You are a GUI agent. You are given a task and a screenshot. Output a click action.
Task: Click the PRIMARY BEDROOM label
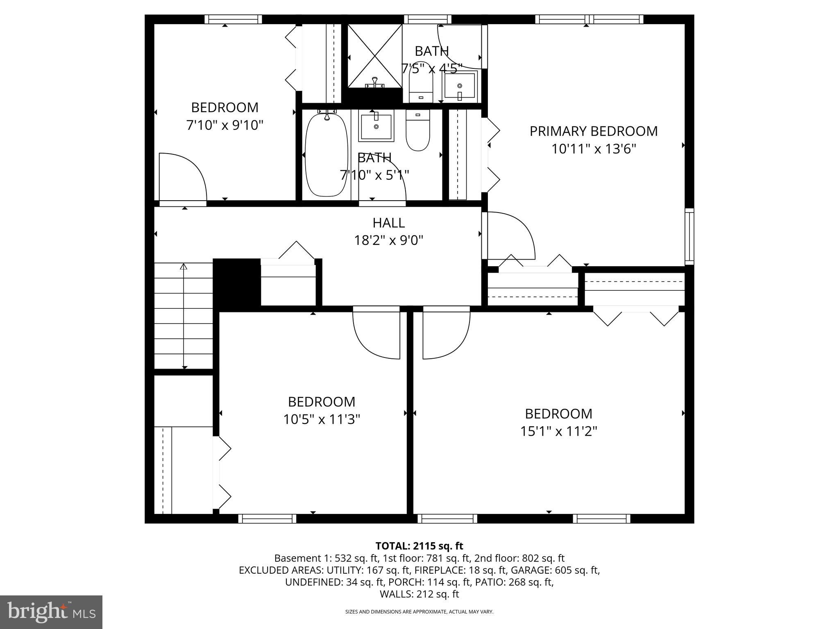click(x=593, y=131)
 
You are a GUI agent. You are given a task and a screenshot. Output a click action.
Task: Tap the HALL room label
click(x=388, y=223)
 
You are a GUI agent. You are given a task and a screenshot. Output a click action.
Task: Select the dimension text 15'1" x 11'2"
click(x=558, y=431)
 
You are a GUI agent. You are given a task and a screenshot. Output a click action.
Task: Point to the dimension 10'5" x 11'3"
click(x=322, y=419)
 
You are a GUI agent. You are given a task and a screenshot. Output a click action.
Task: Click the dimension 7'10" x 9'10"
click(x=224, y=125)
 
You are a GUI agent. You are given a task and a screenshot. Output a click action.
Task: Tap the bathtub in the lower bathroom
click(x=326, y=156)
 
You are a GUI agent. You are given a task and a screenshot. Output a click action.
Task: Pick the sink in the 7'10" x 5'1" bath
click(x=376, y=125)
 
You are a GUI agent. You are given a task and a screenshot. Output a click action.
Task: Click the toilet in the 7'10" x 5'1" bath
click(x=417, y=130)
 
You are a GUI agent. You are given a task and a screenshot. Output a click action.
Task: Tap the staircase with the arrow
click(x=184, y=315)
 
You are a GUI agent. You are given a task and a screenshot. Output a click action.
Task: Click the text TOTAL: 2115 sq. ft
click(x=419, y=546)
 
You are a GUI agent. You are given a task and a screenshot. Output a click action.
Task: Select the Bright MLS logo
click(x=51, y=612)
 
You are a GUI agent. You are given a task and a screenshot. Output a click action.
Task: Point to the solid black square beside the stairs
click(x=237, y=283)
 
